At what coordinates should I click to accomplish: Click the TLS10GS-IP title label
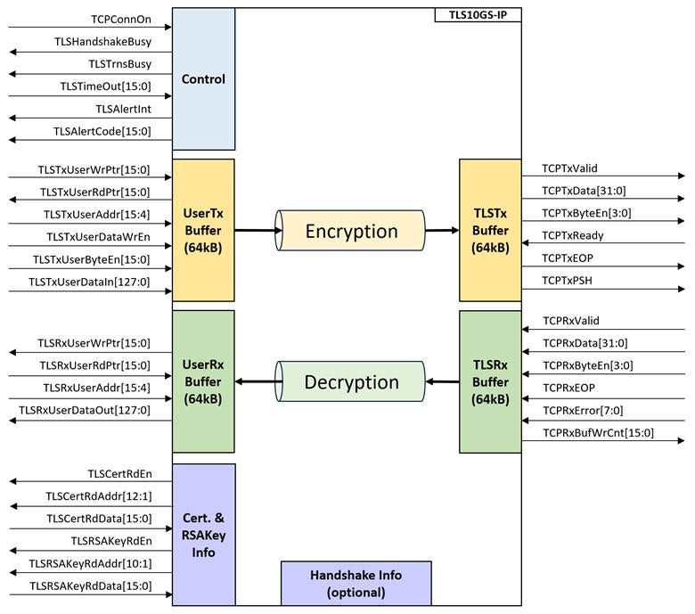tap(478, 15)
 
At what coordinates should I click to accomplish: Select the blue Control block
tap(203, 79)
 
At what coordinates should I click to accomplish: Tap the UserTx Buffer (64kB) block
tap(203, 230)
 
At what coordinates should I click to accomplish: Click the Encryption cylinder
tap(351, 231)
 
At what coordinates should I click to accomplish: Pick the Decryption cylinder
tap(351, 382)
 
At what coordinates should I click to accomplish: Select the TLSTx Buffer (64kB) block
tap(489, 230)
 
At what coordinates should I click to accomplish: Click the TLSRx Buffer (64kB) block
tap(489, 381)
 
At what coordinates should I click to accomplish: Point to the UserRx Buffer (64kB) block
tap(203, 381)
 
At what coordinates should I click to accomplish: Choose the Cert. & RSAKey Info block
tap(203, 535)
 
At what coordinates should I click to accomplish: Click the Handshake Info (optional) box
tap(356, 583)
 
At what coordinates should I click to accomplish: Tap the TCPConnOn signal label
tap(120, 19)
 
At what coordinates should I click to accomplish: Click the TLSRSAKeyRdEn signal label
tap(111, 541)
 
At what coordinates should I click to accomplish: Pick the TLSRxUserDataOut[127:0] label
tap(86, 410)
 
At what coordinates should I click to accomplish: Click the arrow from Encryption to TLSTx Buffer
tap(442, 231)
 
